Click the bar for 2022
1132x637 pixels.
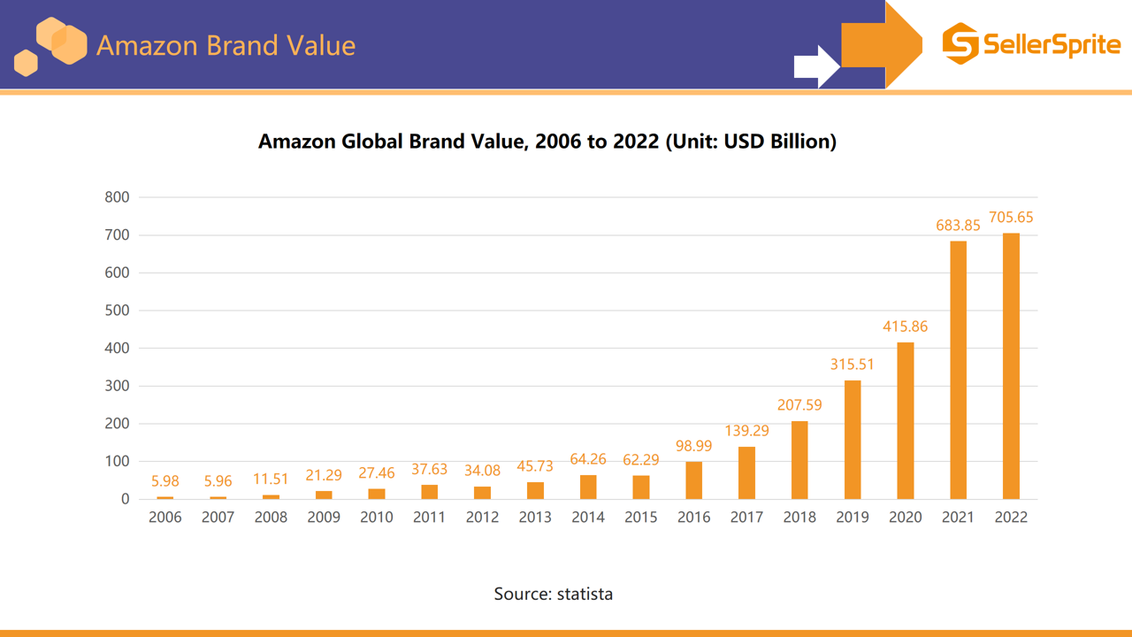1011,366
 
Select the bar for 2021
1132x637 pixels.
958,370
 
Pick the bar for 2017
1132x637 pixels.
746,473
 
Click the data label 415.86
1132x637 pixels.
905,326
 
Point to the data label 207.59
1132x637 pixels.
799,405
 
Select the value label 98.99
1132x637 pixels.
693,446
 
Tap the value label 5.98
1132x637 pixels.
164,481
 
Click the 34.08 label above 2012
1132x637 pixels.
482,471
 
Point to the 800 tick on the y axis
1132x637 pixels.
117,197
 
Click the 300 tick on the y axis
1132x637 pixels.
117,386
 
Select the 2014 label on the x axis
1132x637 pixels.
588,518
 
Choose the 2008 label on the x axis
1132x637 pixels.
271,518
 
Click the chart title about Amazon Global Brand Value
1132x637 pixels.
547,142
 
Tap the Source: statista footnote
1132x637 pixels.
553,594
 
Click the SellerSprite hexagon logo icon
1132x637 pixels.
960,43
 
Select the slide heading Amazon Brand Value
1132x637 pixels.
226,45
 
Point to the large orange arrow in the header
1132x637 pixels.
880,44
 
